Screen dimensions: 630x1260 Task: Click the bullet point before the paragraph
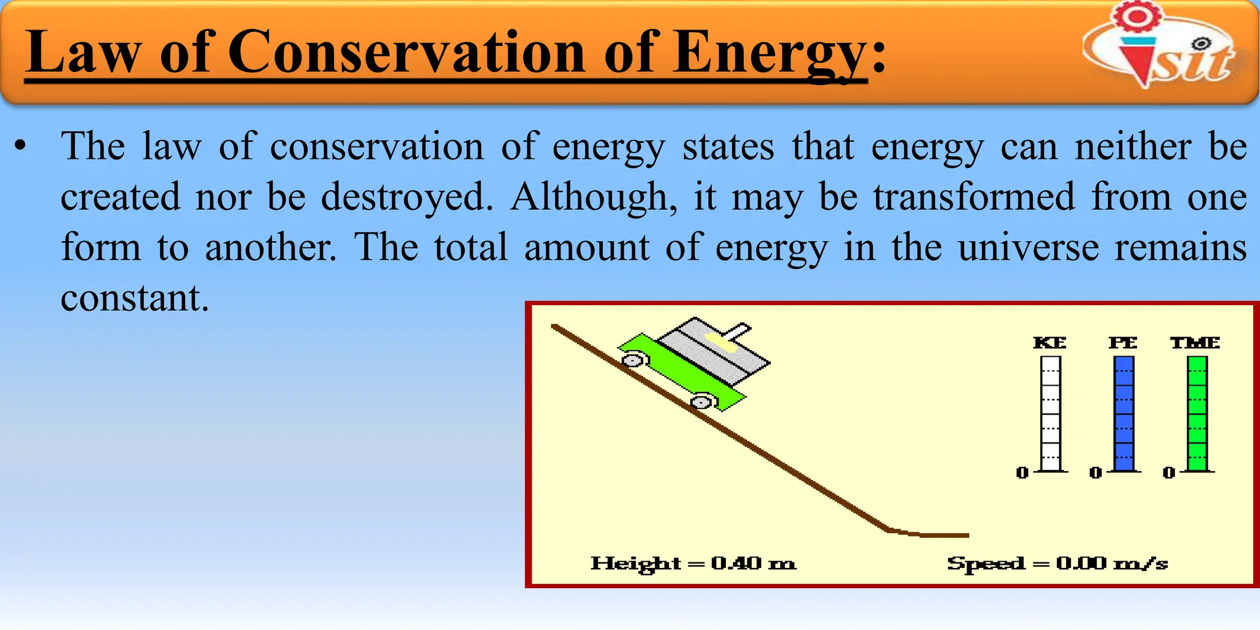(x=21, y=147)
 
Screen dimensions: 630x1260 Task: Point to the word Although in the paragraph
(x=594, y=197)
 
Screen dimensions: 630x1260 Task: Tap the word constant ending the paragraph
(x=135, y=298)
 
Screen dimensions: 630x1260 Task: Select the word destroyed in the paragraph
(x=407, y=197)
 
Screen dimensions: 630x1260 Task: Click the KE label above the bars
(x=1050, y=343)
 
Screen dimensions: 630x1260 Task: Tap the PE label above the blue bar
(x=1123, y=343)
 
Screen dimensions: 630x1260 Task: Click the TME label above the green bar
(x=1195, y=343)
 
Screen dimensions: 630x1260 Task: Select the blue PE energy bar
(x=1123, y=413)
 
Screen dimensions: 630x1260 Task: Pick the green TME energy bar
(x=1197, y=413)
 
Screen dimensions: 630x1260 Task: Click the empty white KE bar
(x=1050, y=413)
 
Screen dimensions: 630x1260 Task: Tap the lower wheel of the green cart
(x=701, y=402)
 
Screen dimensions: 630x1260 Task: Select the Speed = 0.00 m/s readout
(x=1057, y=564)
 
